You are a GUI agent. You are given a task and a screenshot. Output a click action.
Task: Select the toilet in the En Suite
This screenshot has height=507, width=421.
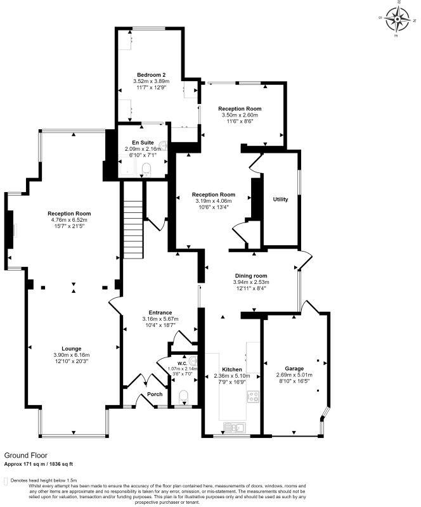pyautogui.click(x=146, y=169)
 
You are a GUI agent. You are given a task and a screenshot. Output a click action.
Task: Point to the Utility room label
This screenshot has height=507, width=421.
pyautogui.click(x=280, y=200)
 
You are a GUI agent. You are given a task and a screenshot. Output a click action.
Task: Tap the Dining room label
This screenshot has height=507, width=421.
pyautogui.click(x=251, y=276)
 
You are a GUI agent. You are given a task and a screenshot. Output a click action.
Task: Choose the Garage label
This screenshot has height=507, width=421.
pyautogui.click(x=294, y=368)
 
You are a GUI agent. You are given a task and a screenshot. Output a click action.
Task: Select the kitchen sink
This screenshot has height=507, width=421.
pyautogui.click(x=235, y=427)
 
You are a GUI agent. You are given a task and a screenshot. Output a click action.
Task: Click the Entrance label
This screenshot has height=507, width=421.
pyautogui.click(x=160, y=312)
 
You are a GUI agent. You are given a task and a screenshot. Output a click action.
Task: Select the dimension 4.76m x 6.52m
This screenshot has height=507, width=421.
pyautogui.click(x=70, y=220)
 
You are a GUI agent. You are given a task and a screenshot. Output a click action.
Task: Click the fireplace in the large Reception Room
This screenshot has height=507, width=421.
pyautogui.click(x=11, y=228)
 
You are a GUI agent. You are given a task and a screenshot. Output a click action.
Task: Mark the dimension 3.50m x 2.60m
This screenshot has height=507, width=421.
pyautogui.click(x=240, y=115)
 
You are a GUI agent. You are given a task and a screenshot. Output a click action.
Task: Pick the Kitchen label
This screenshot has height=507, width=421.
pyautogui.click(x=231, y=369)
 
